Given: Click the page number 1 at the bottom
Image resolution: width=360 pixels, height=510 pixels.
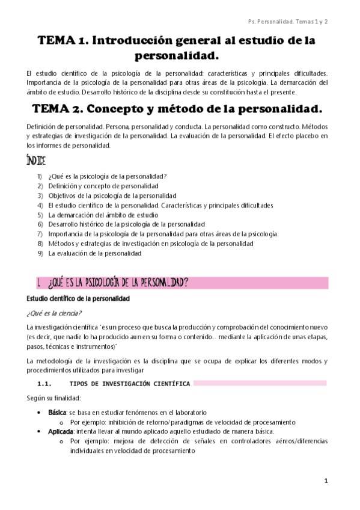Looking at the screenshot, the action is point(325,481).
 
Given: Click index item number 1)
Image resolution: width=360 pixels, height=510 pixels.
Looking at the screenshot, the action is point(40,176).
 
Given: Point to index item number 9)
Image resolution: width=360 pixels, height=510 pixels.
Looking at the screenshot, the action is point(40,253).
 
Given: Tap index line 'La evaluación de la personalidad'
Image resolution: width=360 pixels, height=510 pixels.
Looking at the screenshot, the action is point(95,253).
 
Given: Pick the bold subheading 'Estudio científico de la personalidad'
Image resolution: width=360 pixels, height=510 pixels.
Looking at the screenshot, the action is point(78,298).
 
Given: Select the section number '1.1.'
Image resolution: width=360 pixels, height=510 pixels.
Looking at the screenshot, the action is point(46,383).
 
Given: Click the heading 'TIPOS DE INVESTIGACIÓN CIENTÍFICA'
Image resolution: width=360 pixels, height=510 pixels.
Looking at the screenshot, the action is point(130,383).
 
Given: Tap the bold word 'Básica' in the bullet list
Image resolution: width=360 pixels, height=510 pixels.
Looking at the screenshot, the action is point(57,413).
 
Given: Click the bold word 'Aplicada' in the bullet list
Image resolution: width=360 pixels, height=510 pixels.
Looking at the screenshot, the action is point(60,432).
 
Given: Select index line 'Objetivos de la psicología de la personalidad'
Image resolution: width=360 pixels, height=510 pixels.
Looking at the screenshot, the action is point(112,195).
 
